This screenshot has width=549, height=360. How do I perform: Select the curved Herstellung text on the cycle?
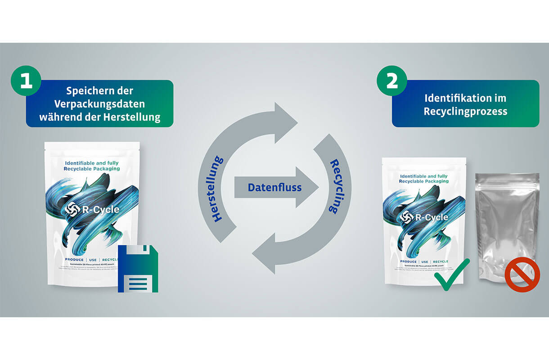tap(218, 189)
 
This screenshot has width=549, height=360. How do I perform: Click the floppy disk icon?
tap(138, 269)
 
